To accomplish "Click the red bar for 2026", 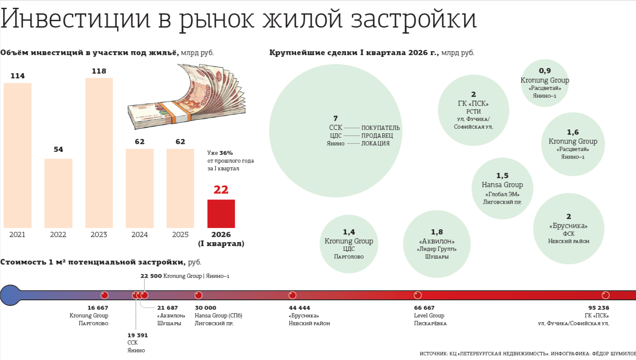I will point(221,214).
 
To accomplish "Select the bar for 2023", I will point(99,153).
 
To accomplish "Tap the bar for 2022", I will point(58,193).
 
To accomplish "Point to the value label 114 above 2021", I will point(18,76).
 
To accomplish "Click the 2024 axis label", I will point(139,235).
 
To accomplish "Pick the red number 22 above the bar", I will point(221,190).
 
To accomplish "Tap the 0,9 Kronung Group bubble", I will point(545,83).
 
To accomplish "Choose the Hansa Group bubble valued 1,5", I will point(502,188).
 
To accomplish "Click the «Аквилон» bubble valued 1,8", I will point(437,244).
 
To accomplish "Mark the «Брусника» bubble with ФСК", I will point(568,228).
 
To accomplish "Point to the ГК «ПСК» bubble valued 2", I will point(473,111).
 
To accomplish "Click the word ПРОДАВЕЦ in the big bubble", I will point(377,135).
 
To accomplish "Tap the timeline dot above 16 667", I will point(104,295).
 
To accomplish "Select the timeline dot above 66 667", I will point(418,295).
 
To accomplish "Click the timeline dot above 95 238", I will point(605,295).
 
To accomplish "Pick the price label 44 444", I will point(299,308).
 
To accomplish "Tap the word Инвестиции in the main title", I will point(75,18).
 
